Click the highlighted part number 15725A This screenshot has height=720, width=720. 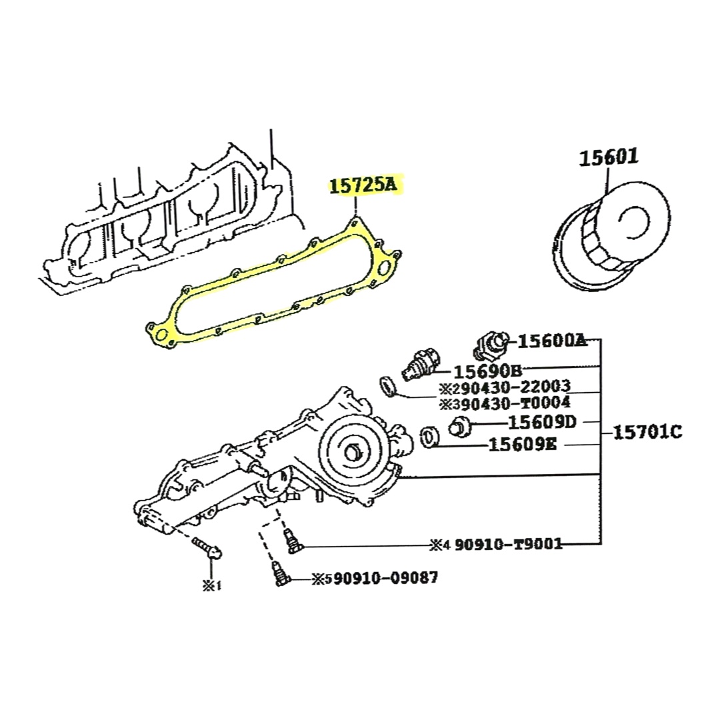362,185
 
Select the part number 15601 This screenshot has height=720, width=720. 609,157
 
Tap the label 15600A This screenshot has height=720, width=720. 553,341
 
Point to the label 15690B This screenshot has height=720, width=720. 487,371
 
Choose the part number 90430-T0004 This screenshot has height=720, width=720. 512,403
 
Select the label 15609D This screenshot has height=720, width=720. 542,422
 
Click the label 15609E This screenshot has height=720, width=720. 523,445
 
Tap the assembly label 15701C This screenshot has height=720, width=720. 648,432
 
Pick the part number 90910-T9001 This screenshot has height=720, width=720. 508,544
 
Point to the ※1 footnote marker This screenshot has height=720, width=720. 212,585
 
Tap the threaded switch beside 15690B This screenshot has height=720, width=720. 420,365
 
